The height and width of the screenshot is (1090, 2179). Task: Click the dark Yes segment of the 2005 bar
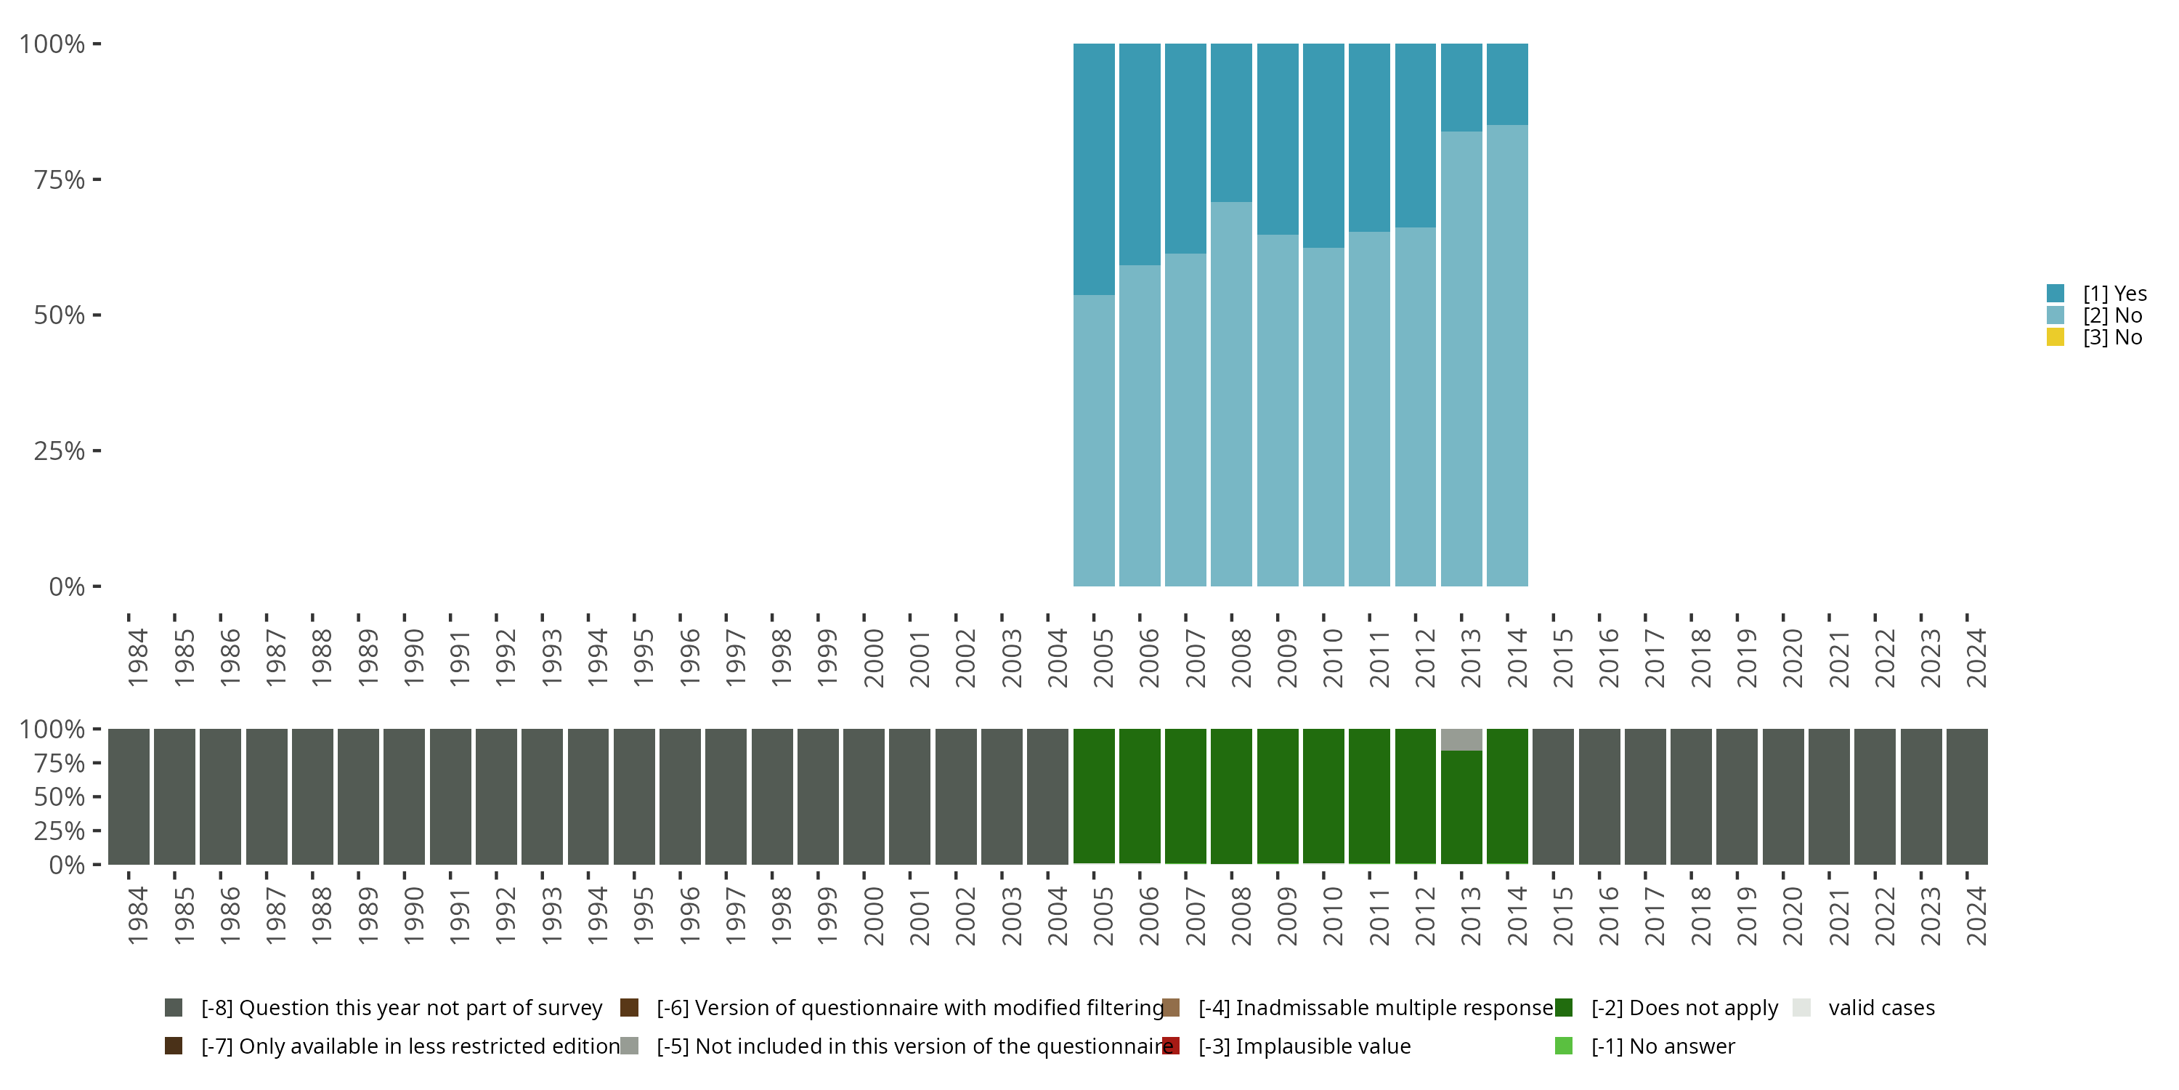pos(1094,169)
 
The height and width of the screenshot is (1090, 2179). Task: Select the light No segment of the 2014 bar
pos(1506,355)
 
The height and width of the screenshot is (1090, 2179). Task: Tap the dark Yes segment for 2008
pos(1230,123)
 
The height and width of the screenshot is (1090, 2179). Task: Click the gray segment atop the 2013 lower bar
pos(1461,740)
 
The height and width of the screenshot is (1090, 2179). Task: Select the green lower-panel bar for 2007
pos(1185,796)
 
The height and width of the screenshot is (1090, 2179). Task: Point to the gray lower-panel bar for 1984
pos(129,796)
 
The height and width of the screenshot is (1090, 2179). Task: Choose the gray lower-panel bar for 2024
pos(1967,796)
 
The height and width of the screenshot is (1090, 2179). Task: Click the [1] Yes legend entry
pos(2114,294)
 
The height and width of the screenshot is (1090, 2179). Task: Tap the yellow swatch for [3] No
pos(2056,338)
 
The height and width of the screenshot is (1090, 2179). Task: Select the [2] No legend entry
pos(2111,315)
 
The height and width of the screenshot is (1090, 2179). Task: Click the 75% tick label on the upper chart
pos(60,179)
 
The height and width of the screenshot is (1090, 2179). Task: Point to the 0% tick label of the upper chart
pos(67,586)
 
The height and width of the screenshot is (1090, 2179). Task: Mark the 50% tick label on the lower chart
pos(60,797)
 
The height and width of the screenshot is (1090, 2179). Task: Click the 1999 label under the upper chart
pos(827,658)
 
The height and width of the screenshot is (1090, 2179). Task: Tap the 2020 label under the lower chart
pos(1793,916)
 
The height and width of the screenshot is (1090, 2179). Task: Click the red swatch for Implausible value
pos(1171,1046)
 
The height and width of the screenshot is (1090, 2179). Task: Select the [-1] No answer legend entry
pos(1662,1046)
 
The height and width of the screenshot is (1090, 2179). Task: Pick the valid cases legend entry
pos(1880,1008)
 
